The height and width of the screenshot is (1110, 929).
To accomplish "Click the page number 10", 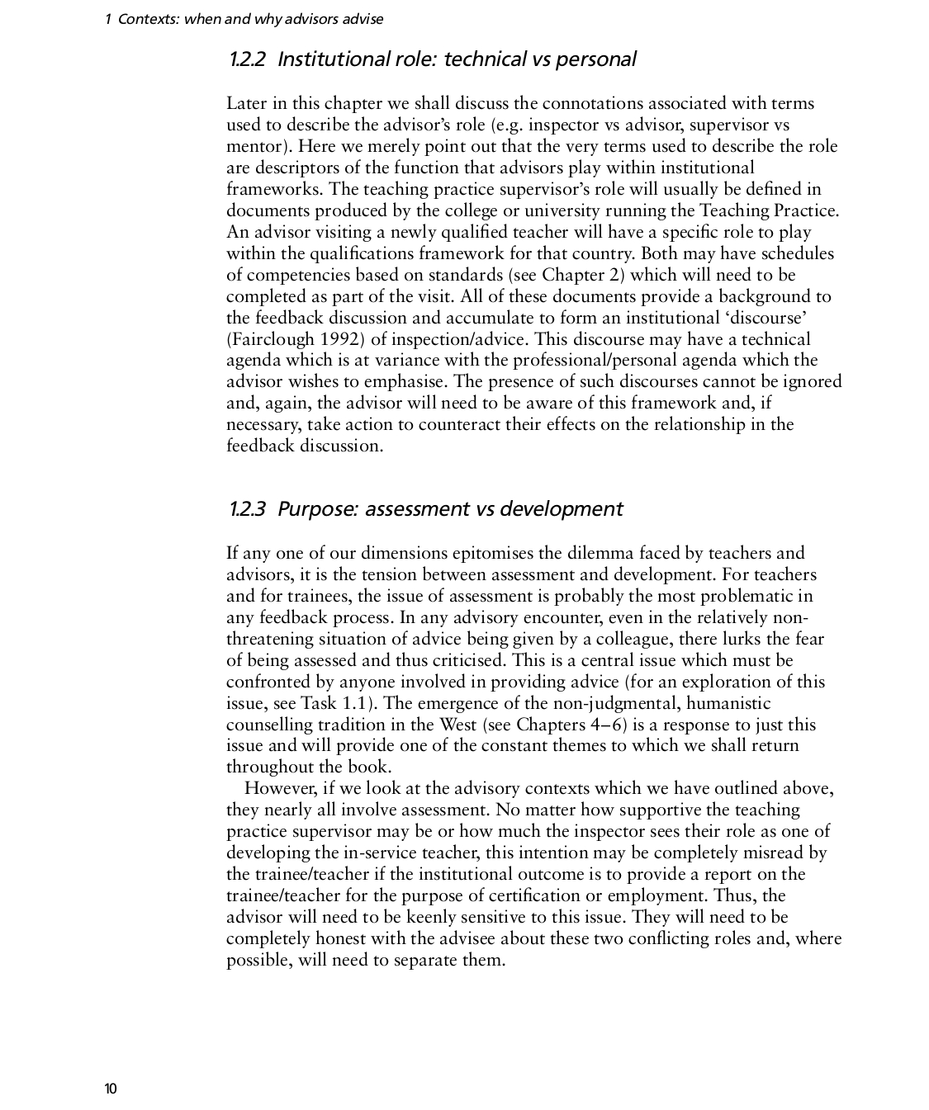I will tap(111, 1089).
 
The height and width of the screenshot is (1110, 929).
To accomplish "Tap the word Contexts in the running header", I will tap(147, 18).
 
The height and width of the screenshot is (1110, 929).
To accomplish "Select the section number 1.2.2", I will tap(247, 59).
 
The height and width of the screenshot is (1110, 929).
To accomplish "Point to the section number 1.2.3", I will tap(247, 509).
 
